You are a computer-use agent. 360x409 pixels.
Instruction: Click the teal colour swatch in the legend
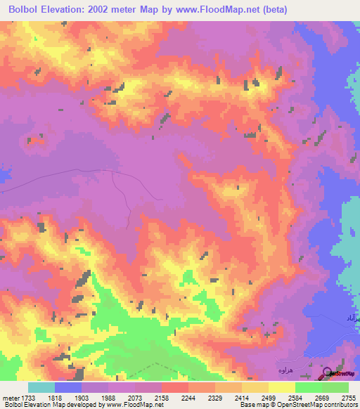click(x=41, y=387)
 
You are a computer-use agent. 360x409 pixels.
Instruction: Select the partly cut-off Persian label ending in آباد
click(x=353, y=319)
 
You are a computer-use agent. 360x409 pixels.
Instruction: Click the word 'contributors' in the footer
click(x=340, y=405)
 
